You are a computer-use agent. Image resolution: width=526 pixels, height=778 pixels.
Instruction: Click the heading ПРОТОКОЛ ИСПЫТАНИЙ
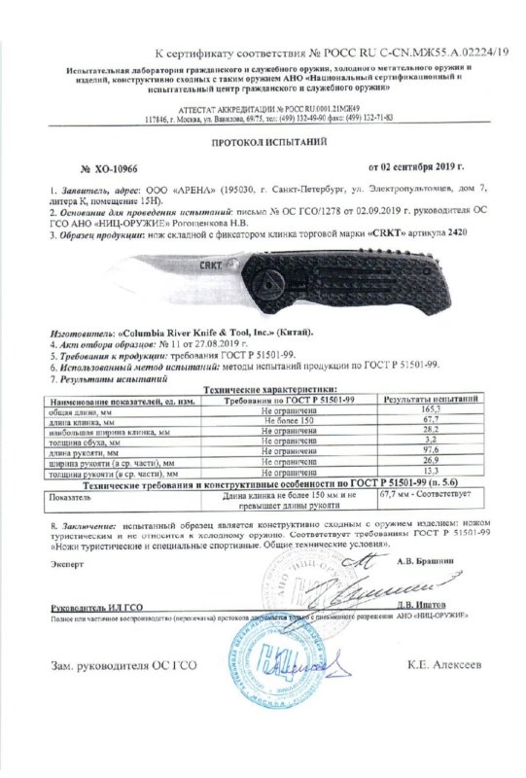(x=263, y=141)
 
